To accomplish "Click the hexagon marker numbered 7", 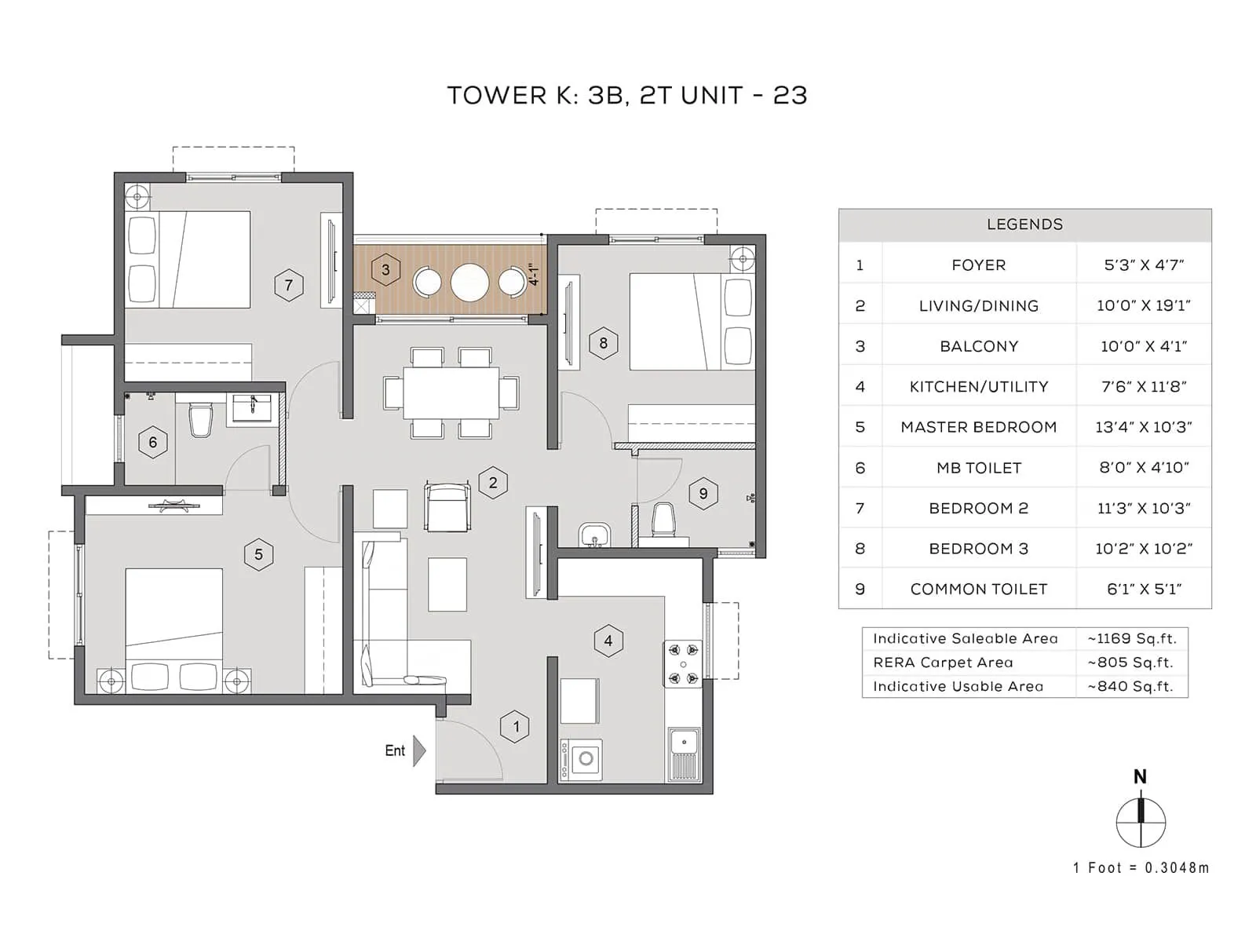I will [289, 285].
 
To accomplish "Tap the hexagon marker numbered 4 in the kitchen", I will [608, 641].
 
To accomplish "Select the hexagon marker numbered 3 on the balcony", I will [385, 269].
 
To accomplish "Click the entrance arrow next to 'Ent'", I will [419, 750].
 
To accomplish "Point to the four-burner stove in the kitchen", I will [683, 664].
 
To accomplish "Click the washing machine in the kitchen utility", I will [582, 759].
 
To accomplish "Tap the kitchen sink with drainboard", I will [684, 754].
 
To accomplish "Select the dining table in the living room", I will [451, 392].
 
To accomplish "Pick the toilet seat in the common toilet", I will [663, 519].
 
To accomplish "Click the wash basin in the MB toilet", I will [252, 408].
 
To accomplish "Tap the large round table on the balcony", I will [469, 282].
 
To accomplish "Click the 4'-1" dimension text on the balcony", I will [535, 274].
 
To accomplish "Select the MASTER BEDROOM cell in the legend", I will [978, 427].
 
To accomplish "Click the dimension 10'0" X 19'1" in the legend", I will [1143, 305].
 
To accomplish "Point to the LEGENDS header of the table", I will [1024, 225].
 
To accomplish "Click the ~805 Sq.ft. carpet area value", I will [1130, 663].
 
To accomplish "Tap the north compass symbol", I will [1141, 822].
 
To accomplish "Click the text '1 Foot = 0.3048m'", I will [1141, 867].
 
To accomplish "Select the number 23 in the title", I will [790, 95].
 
